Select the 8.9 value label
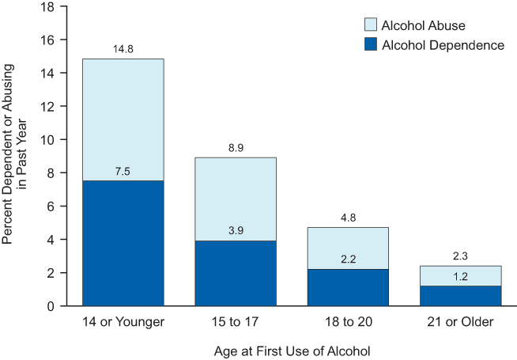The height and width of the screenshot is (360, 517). [235, 149]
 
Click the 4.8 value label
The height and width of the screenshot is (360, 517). [349, 218]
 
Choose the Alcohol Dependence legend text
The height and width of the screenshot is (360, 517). [443, 45]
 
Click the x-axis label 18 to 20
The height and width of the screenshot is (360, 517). [349, 323]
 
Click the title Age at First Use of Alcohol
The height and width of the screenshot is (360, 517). [292, 349]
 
